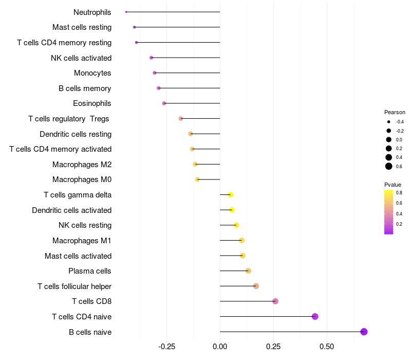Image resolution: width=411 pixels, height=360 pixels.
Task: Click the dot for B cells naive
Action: click(364, 332)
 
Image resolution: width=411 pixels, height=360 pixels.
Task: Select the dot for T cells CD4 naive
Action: click(315, 316)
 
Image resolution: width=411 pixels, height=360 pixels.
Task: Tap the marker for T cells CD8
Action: click(275, 301)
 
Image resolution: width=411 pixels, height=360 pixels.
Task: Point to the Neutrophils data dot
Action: click(126, 12)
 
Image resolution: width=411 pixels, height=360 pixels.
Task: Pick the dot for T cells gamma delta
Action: click(231, 194)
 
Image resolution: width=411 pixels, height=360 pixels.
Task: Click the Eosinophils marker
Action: click(164, 103)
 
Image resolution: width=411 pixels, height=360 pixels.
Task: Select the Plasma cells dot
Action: click(248, 271)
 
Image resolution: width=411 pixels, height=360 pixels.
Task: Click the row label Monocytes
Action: click(92, 73)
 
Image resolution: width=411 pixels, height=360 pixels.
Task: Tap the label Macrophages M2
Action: click(82, 165)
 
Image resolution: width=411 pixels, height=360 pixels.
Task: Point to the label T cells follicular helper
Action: click(74, 286)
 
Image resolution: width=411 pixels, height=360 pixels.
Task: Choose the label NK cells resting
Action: click(85, 225)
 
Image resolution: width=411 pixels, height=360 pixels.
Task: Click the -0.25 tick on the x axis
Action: click(166, 346)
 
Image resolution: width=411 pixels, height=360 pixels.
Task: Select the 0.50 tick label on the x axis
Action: click(327, 346)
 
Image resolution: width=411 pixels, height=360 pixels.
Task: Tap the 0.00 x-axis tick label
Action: click(220, 346)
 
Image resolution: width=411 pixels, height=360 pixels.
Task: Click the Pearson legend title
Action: click(395, 112)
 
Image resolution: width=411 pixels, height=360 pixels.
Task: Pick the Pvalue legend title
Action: click(393, 185)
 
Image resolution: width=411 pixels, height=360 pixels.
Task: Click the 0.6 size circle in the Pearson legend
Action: click(389, 166)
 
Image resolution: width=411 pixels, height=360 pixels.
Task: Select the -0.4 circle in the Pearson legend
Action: click(389, 122)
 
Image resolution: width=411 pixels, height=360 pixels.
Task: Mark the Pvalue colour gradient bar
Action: click(389, 212)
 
